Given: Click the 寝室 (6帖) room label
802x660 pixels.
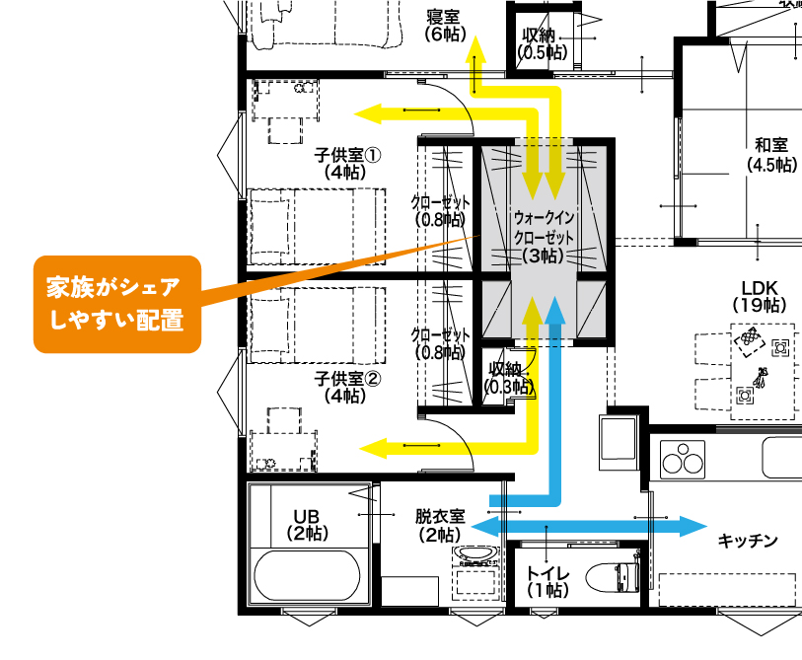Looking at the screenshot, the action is tap(446, 26).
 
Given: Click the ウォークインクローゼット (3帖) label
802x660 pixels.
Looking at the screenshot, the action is tap(544, 237).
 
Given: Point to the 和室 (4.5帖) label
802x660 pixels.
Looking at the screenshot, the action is tap(771, 155).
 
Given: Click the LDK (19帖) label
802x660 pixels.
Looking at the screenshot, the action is tap(760, 296).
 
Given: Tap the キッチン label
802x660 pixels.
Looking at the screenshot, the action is tap(748, 541).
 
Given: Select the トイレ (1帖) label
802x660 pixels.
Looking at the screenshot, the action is tap(547, 582).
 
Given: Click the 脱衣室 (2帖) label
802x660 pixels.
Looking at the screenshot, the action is tap(440, 526).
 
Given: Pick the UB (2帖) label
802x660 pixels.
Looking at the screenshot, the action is tap(307, 525).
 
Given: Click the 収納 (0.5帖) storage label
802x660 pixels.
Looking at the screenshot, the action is tap(543, 43).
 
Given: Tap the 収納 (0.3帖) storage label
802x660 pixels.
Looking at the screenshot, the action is tap(509, 378).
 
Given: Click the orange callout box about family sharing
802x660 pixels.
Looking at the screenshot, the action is tap(117, 304).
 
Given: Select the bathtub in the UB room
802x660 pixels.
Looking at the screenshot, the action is tap(307, 576).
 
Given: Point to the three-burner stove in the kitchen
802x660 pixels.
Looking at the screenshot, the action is tap(683, 460).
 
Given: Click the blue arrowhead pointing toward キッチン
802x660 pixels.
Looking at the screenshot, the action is tap(693, 526).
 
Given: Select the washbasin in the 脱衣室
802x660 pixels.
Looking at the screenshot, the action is tap(475, 555).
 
